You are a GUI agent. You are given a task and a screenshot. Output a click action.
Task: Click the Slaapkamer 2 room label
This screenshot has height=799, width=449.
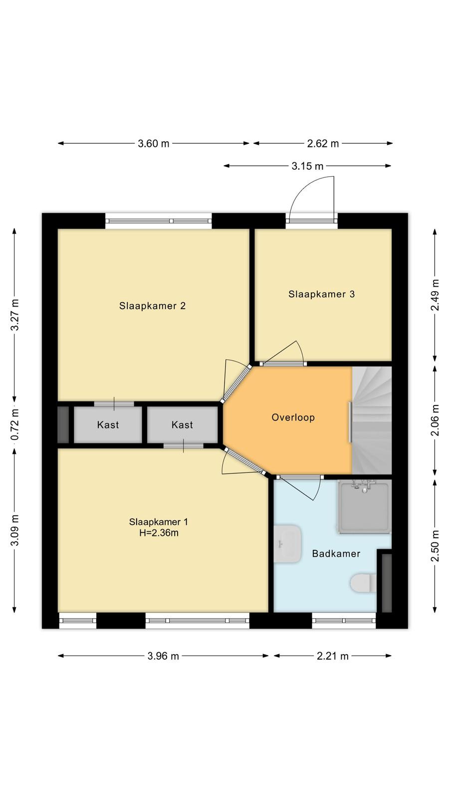(x=153, y=306)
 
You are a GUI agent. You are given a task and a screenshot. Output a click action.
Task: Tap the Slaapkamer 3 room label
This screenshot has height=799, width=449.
(x=321, y=294)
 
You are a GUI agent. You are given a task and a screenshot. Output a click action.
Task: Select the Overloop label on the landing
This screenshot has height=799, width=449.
(x=293, y=417)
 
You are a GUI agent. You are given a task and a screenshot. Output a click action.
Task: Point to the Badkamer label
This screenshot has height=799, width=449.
(x=336, y=554)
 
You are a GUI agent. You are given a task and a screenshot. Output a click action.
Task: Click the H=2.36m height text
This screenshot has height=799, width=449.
(x=159, y=533)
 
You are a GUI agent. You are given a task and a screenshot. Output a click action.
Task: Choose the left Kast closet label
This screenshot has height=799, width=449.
(x=108, y=424)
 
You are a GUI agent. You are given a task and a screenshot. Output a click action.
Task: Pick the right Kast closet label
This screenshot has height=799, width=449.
(x=182, y=424)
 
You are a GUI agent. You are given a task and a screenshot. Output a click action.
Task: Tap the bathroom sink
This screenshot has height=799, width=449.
(x=287, y=544)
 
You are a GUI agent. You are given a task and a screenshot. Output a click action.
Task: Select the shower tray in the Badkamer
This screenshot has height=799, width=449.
(x=364, y=507)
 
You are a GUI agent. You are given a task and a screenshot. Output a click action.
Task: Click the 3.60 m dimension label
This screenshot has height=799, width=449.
(x=154, y=144)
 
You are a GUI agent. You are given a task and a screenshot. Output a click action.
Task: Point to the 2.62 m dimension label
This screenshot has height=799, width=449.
(x=323, y=144)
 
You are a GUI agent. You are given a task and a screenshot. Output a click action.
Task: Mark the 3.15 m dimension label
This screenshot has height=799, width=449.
(x=307, y=166)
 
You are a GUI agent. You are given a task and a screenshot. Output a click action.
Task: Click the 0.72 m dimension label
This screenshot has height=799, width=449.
(x=15, y=424)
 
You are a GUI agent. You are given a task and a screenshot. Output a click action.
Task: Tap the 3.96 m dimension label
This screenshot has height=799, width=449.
(x=163, y=656)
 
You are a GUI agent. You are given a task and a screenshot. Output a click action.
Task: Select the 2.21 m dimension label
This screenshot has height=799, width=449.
(x=332, y=656)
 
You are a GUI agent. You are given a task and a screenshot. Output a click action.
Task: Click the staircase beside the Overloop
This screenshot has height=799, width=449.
(x=372, y=420)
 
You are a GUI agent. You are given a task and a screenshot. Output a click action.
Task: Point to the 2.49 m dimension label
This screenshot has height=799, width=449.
(x=435, y=295)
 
